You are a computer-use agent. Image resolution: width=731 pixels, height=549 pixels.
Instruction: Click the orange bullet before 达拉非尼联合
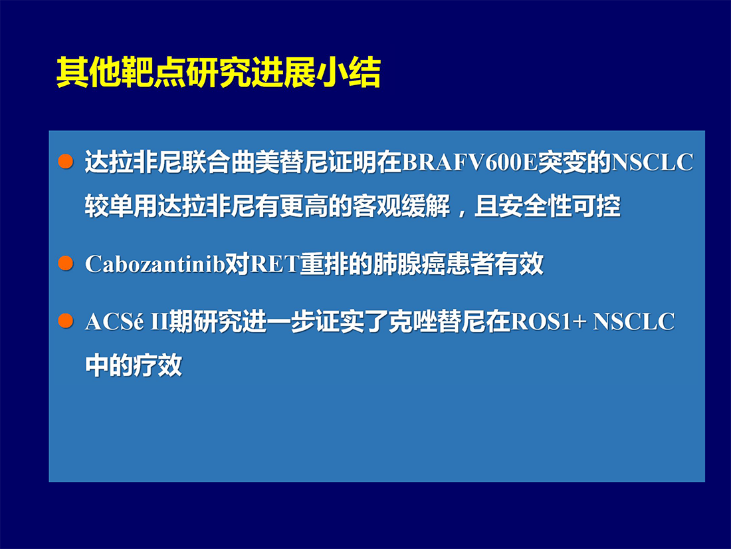66,162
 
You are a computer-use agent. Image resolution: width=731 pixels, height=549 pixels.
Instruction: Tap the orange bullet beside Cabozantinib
66,264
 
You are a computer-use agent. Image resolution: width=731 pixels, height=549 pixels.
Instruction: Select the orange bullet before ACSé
66,321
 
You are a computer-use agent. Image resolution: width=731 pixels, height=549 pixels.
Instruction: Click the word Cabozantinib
155,264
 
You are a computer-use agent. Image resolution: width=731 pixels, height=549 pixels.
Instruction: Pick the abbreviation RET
274,264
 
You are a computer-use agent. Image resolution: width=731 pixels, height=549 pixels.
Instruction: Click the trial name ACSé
115,321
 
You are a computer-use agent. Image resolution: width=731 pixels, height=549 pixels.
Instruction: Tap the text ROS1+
548,321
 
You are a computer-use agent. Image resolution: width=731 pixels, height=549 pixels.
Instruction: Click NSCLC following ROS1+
633,321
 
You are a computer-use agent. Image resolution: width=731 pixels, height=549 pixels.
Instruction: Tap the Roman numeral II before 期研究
159,321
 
